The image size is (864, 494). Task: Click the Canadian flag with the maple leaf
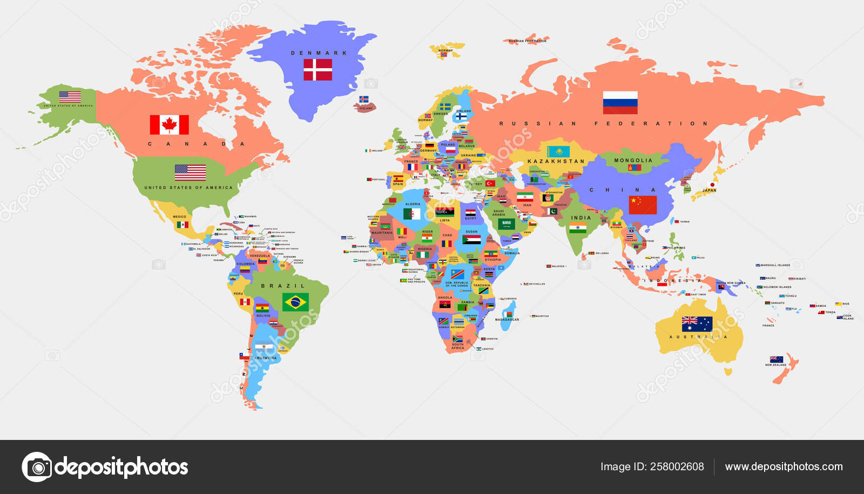pos(169,125)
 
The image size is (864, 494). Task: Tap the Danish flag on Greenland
pos(318,70)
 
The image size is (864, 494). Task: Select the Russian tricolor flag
pos(620,103)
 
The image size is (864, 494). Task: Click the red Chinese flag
pos(643,205)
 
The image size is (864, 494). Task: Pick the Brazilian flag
pos(295,302)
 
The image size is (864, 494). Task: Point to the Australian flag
pos(697,324)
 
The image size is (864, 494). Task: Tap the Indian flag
pos(578,228)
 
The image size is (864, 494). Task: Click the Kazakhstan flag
pos(558,151)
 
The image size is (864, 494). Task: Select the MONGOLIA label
pos(633,161)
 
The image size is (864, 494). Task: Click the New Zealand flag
pos(776,359)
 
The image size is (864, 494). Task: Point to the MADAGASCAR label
pos(507,319)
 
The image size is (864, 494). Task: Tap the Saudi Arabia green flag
pos(506,224)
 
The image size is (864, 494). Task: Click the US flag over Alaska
pos(70,97)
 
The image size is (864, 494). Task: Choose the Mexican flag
pos(183,224)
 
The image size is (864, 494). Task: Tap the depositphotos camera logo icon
pos(37,467)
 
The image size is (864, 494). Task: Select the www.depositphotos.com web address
pos(784,466)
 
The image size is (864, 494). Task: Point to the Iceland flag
pos(364,100)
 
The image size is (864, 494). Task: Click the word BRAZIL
pos(283,286)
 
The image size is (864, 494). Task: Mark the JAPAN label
pos(709,190)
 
